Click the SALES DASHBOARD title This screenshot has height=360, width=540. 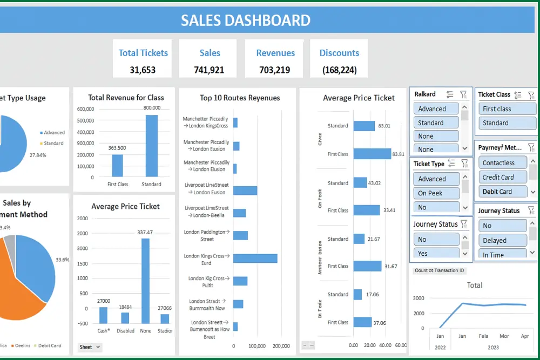tap(245, 21)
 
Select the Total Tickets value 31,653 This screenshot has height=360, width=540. tap(143, 70)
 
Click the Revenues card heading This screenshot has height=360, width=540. tap(275, 53)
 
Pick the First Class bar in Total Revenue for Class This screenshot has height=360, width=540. tap(117, 165)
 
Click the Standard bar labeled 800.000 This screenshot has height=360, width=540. tap(151, 145)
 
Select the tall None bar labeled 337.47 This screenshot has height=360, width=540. tap(145, 273)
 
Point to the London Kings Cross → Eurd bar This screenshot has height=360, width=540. tap(255, 259)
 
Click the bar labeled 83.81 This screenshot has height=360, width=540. tap(372, 154)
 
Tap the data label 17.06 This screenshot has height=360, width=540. tap(372, 295)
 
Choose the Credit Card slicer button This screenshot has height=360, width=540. tap(502, 177)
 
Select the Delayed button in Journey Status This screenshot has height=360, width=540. tap(502, 240)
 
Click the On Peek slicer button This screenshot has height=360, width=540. tap(436, 193)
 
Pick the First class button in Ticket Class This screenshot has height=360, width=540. tap(507, 108)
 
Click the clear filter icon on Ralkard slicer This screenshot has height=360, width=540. tap(463, 94)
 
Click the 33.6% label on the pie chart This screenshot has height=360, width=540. tap(62, 260)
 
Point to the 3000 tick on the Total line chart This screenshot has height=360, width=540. tap(418, 298)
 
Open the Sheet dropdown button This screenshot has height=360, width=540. tap(90, 347)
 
